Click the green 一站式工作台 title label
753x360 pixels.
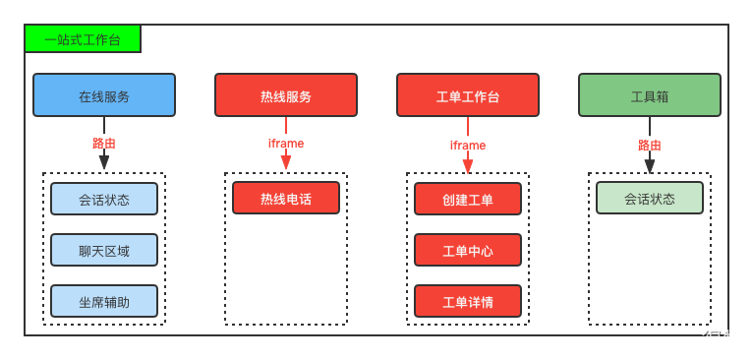click(x=83, y=39)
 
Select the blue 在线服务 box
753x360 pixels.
click(x=104, y=95)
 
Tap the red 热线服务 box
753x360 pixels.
click(x=286, y=95)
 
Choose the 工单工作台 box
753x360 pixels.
click(x=468, y=95)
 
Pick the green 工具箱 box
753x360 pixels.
click(x=650, y=95)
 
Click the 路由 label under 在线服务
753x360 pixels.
click(x=104, y=144)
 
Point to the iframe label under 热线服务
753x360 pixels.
click(x=286, y=144)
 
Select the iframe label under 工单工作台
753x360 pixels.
click(x=468, y=146)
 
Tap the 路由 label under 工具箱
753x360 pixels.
click(x=650, y=146)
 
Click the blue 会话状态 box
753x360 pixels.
click(x=104, y=199)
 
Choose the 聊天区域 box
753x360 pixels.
click(x=104, y=250)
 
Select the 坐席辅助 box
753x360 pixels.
click(x=104, y=301)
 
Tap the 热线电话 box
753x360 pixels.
click(x=286, y=198)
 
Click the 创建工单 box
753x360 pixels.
click(x=468, y=199)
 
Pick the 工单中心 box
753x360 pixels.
click(x=468, y=250)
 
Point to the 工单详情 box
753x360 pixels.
click(x=468, y=301)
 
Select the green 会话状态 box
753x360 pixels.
click(x=650, y=198)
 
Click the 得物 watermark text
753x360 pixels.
click(x=723, y=340)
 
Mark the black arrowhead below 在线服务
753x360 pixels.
click(x=104, y=162)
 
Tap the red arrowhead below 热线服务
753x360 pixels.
click(x=286, y=162)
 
